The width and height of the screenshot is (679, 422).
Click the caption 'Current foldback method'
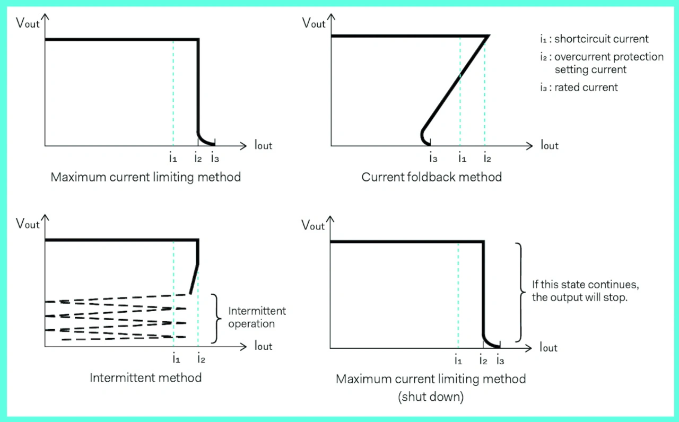point(431,177)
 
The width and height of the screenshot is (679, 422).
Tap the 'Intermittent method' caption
point(145,378)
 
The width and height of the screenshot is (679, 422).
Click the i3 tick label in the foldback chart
point(433,157)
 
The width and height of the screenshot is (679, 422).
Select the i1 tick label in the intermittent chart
point(176,359)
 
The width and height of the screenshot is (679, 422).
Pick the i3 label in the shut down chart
point(500,361)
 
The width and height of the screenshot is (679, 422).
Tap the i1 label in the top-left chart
point(173,157)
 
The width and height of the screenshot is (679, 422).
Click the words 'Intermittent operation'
point(257,317)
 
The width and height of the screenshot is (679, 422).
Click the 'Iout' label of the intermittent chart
point(263,346)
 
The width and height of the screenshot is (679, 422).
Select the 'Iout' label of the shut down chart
point(549,347)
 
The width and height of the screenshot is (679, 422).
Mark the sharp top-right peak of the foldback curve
point(488,36)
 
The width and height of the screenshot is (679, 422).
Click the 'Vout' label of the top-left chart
point(28,23)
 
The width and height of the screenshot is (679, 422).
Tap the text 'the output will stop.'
point(580,297)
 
